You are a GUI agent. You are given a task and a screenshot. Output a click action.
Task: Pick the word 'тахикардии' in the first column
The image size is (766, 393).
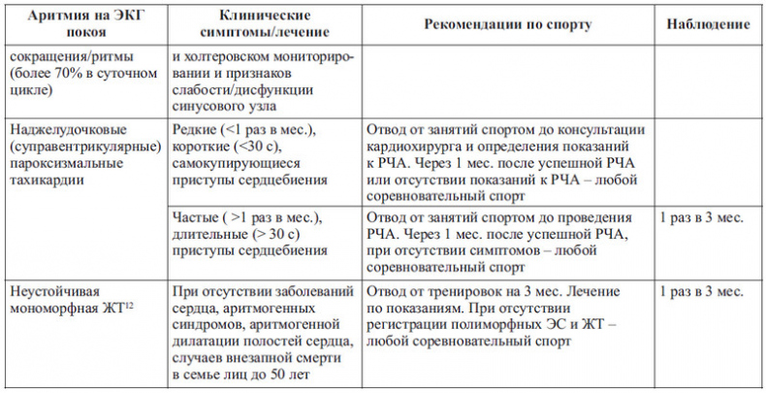point(44,181)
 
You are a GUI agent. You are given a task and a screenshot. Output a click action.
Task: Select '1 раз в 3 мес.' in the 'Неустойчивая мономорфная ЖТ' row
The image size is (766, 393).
point(701,290)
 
